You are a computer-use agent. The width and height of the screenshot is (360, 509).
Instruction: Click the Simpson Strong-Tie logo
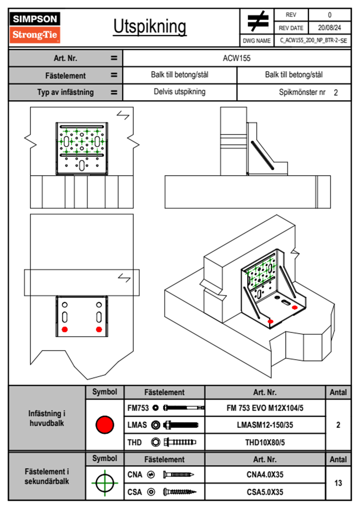(x=35, y=27)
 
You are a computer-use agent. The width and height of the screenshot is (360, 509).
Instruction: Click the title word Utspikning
(x=150, y=27)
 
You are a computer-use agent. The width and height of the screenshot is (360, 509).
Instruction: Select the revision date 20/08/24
(x=329, y=28)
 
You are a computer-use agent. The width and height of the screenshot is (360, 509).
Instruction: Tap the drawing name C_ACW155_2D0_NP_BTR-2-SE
(x=313, y=40)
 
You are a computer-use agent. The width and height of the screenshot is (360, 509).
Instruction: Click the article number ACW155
(x=237, y=58)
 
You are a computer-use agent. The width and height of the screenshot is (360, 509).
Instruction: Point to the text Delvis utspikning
(x=179, y=92)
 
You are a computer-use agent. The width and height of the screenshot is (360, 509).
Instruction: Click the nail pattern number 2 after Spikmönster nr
(x=335, y=93)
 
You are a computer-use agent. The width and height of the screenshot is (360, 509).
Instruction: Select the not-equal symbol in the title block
(x=257, y=21)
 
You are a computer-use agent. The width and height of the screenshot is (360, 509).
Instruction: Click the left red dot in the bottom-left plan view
(x=65, y=329)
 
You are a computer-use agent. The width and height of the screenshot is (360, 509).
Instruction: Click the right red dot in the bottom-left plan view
(x=99, y=329)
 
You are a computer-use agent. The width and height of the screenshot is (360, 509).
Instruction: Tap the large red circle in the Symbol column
(x=105, y=425)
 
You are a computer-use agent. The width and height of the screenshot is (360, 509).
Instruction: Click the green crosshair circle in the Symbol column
(x=105, y=483)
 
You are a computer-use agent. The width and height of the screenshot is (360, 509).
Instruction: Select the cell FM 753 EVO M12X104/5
(x=265, y=408)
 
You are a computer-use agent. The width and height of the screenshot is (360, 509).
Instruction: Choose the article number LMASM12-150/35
(x=265, y=425)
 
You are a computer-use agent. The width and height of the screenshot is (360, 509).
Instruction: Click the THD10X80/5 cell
(x=265, y=442)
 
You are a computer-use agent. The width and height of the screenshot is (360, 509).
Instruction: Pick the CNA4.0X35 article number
(x=265, y=475)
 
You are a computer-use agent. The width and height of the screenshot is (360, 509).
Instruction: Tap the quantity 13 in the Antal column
(x=338, y=483)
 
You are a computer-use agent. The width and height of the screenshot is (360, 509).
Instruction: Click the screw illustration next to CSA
(x=179, y=492)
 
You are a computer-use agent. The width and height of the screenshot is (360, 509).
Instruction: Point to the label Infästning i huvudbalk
(x=47, y=418)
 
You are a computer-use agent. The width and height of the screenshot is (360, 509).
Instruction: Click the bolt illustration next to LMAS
(x=181, y=425)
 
